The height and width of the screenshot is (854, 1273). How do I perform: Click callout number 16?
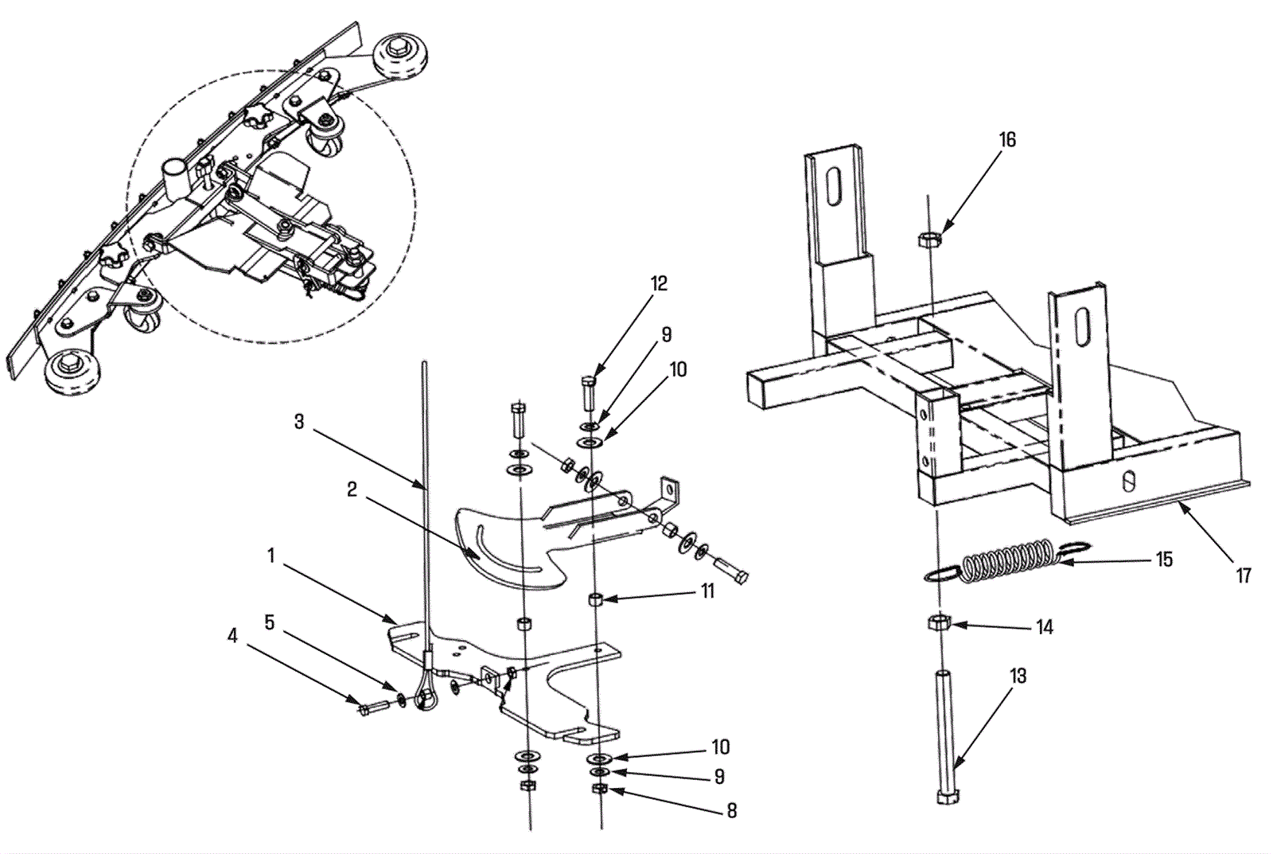(1007, 140)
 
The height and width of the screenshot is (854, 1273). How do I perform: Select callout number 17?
(1244, 575)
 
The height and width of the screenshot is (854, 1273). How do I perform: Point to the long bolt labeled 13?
(944, 732)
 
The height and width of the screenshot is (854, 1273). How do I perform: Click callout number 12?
(659, 284)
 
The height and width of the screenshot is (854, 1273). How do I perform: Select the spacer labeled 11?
(594, 599)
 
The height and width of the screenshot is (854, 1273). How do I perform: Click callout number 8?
(731, 811)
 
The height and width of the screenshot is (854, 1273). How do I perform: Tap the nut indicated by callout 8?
(601, 789)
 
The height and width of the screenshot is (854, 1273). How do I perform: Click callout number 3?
(299, 422)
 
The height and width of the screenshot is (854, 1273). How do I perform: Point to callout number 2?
(352, 489)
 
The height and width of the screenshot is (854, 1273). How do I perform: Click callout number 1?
(271, 556)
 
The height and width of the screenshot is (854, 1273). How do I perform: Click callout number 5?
(270, 622)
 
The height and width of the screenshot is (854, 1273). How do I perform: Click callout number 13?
(1018, 677)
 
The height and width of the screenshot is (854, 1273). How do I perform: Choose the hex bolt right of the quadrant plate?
(731, 571)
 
